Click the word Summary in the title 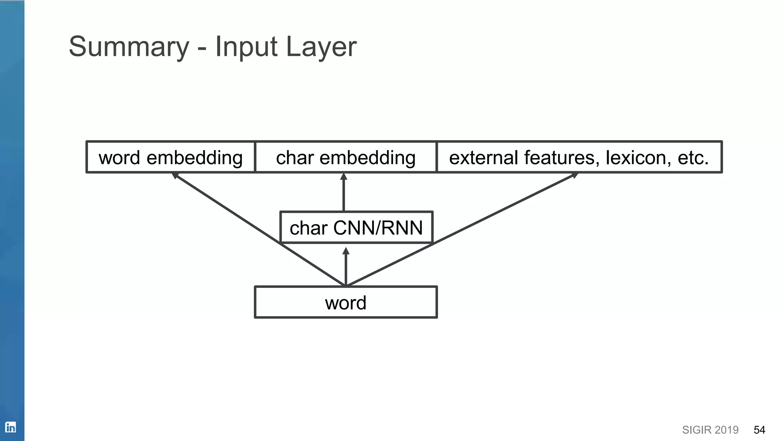click(x=129, y=47)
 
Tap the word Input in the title click(x=246, y=47)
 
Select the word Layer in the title click(x=321, y=47)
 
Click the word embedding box click(x=170, y=157)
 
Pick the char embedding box click(x=346, y=157)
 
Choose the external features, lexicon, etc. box click(x=579, y=157)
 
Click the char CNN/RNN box click(x=356, y=227)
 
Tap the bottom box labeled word click(x=346, y=302)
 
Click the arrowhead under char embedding click(x=344, y=176)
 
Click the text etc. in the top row click(x=693, y=157)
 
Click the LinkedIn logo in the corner click(x=10, y=427)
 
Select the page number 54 click(x=759, y=430)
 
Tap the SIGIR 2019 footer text click(x=710, y=430)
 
